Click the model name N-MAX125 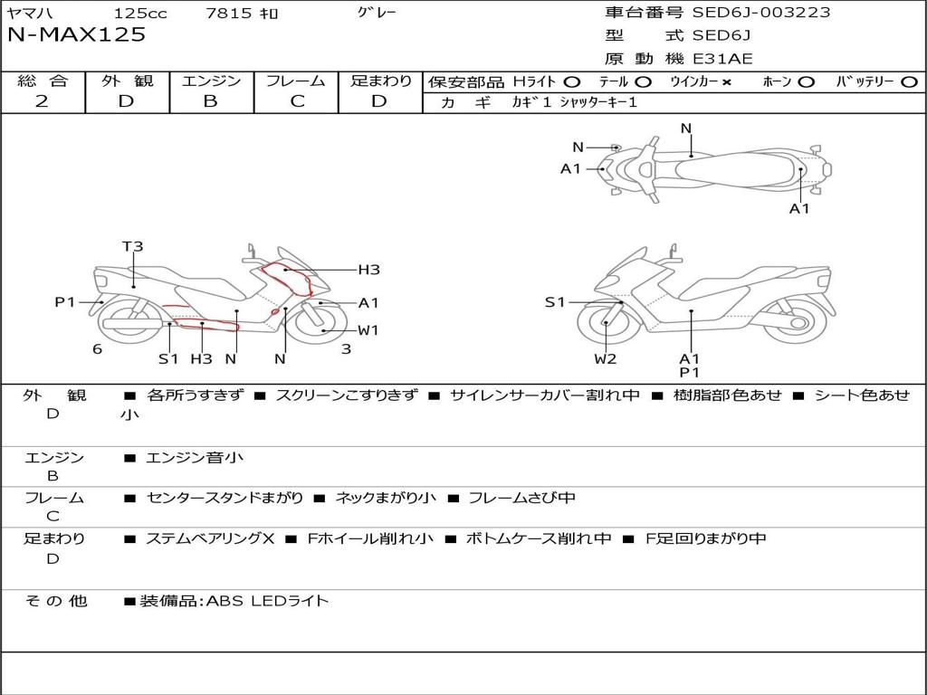(x=76, y=34)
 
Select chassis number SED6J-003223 (x=761, y=12)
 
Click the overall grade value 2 (x=42, y=101)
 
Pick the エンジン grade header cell (x=211, y=81)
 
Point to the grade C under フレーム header (x=297, y=101)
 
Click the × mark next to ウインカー (x=727, y=82)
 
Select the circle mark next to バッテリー (x=909, y=82)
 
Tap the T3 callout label (x=133, y=246)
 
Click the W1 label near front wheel (x=368, y=330)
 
